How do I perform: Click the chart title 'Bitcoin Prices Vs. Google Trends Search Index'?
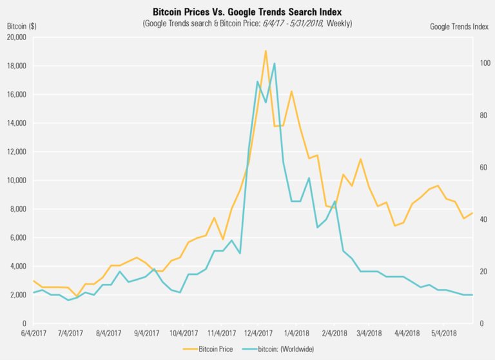click(x=247, y=12)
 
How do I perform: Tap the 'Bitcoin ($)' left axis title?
click(x=21, y=26)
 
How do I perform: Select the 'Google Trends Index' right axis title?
click(x=458, y=26)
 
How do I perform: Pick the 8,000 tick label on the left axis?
click(x=16, y=209)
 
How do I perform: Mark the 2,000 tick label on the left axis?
click(x=16, y=295)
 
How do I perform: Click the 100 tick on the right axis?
click(x=484, y=63)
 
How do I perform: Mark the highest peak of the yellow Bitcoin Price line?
click(x=266, y=50)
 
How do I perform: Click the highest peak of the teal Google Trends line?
click(x=275, y=63)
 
